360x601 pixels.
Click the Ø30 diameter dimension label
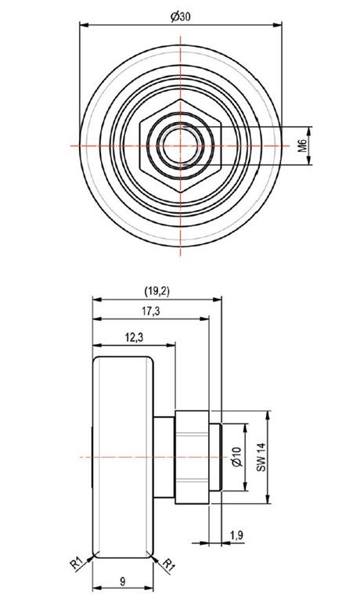pyautogui.click(x=181, y=16)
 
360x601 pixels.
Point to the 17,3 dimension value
pyautogui.click(x=151, y=311)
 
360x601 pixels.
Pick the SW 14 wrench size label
pyautogui.click(x=261, y=457)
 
